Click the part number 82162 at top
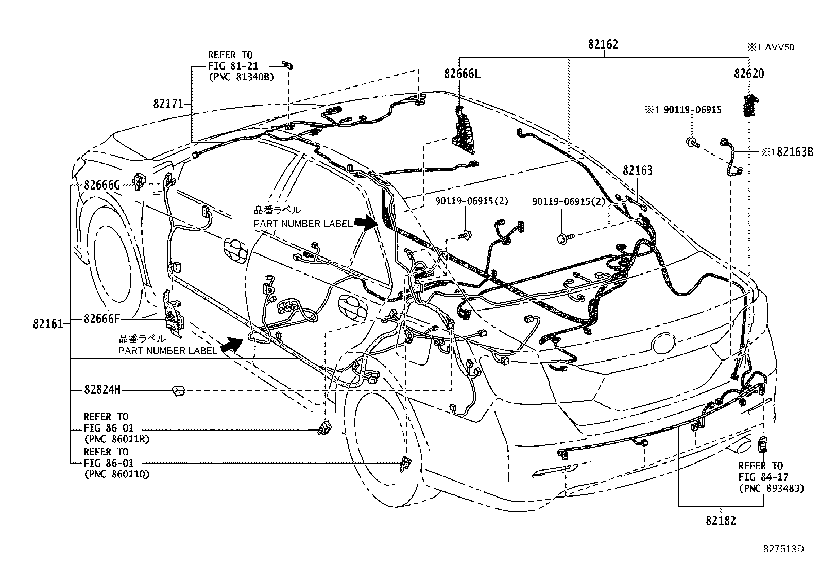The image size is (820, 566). click(603, 45)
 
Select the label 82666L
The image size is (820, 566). click(462, 74)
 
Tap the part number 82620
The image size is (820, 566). click(749, 74)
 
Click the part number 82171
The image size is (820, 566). click(168, 104)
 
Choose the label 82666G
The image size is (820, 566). click(102, 185)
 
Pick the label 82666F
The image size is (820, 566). click(102, 319)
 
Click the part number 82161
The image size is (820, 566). click(48, 324)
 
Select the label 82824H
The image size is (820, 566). click(102, 390)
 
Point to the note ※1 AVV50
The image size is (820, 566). click(771, 47)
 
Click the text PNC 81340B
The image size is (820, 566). click(241, 77)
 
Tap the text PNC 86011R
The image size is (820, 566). click(116, 439)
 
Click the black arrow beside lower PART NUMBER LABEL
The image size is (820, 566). click(232, 345)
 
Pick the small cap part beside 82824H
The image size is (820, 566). click(178, 390)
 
